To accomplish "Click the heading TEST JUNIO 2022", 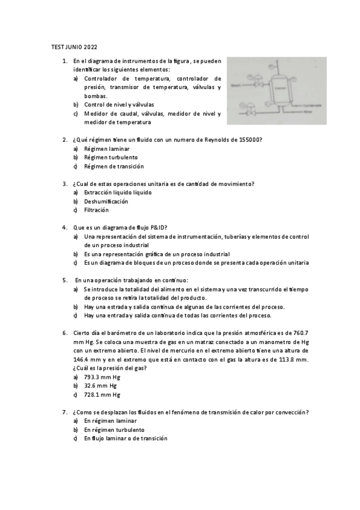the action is [74, 47].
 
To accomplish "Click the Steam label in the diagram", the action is [236, 85].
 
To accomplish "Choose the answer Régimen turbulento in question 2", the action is [106, 158].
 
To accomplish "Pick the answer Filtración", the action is [96, 210].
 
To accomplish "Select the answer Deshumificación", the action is [106, 201].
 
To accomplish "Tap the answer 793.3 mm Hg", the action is [102, 377].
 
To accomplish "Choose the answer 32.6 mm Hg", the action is [100, 386].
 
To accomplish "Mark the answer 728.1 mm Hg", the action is [102, 395].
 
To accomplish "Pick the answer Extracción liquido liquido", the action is [118, 192].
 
